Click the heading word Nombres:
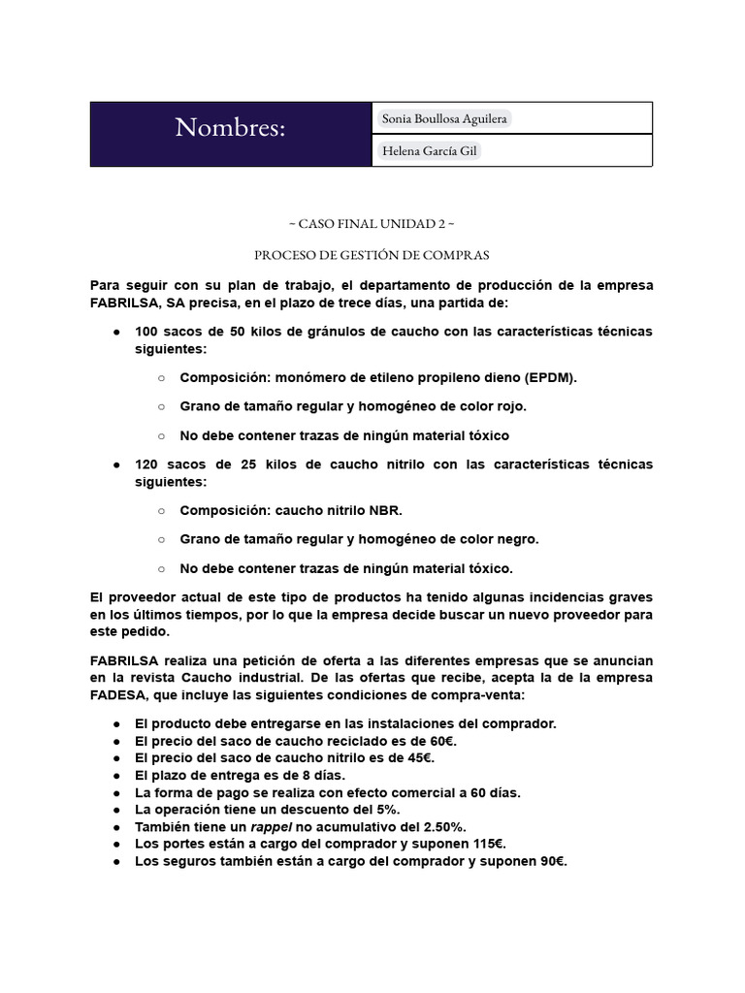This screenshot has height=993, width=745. point(230,127)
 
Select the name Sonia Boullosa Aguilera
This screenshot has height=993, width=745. point(444,118)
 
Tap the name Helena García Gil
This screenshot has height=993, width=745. point(428,151)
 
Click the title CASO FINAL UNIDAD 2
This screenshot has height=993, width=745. point(372,223)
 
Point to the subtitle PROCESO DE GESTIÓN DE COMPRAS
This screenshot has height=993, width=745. point(372,255)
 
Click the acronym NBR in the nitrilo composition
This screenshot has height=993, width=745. point(386,510)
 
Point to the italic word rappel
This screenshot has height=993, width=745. point(273,826)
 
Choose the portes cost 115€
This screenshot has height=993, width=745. point(487,844)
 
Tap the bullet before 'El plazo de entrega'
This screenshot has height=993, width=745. point(115,776)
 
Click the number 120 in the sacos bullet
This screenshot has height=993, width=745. point(148,464)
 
